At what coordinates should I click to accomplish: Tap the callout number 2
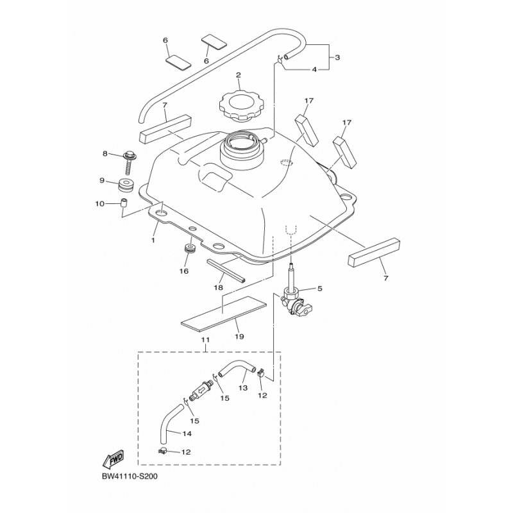[x=238, y=75]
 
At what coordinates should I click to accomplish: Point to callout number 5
[x=319, y=289]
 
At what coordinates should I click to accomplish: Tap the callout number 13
[x=244, y=387]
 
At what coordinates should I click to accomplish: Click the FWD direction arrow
[x=113, y=460]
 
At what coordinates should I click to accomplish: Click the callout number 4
[x=314, y=69]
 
